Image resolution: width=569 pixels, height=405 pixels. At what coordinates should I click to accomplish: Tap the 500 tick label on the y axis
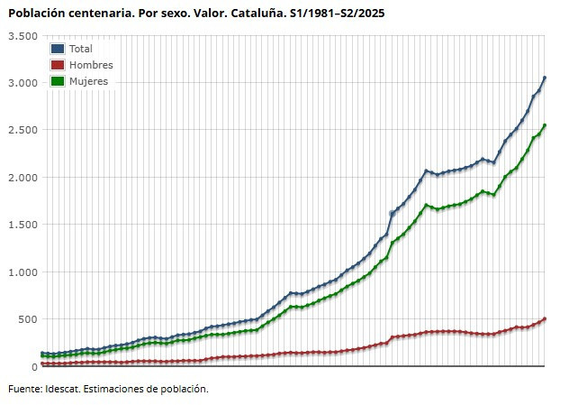click(x=27, y=319)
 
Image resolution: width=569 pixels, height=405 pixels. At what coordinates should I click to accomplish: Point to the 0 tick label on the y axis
click(x=33, y=366)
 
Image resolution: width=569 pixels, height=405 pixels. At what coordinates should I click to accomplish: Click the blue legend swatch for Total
click(x=58, y=49)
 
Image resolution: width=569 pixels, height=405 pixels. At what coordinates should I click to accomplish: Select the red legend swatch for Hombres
click(x=58, y=65)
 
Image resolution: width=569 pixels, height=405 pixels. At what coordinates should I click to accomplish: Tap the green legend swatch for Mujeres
click(x=58, y=81)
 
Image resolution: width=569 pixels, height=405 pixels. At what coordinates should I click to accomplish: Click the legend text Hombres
click(x=91, y=65)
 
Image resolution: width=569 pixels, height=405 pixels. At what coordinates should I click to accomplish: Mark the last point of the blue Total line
click(x=545, y=78)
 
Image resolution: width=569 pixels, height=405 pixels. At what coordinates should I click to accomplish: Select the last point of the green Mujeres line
click(x=545, y=125)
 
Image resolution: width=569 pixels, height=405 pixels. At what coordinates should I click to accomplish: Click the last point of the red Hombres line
click(x=545, y=319)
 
